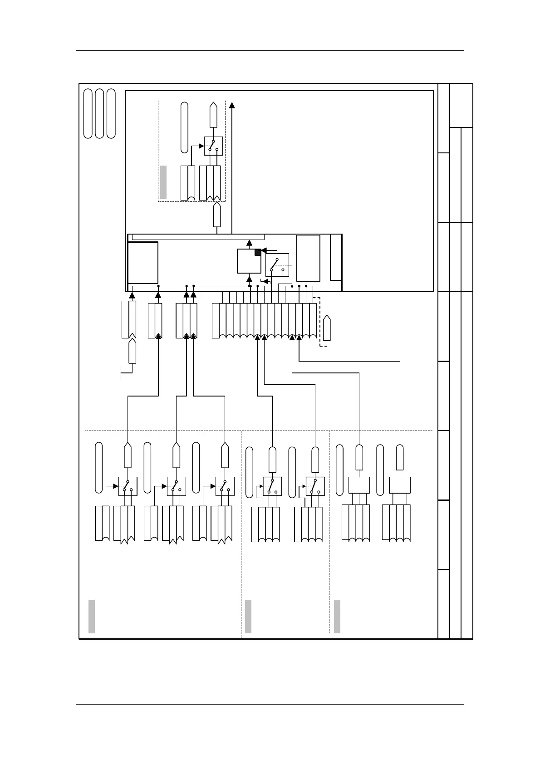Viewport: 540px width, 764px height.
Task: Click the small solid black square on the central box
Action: [x=258, y=252]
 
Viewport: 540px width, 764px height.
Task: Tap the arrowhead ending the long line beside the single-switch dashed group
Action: [x=232, y=106]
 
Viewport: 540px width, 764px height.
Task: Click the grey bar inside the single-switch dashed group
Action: [x=163, y=182]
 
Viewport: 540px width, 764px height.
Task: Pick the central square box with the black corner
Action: [x=249, y=261]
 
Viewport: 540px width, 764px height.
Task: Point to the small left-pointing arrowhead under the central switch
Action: [x=265, y=281]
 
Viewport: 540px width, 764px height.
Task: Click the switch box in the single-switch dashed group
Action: [x=213, y=146]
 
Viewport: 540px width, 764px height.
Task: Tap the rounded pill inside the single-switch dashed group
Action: [x=184, y=127]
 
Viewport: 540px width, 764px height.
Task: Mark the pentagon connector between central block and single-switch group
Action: [x=217, y=215]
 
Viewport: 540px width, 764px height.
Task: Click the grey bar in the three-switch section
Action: [x=92, y=616]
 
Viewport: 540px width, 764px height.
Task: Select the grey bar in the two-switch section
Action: [x=248, y=616]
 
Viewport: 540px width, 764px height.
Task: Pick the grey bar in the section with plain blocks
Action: [x=337, y=616]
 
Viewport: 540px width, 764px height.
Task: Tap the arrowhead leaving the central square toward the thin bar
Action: [x=249, y=243]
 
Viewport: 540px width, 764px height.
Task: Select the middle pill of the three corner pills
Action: [x=100, y=114]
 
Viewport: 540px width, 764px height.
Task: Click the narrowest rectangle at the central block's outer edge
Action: [x=336, y=257]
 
